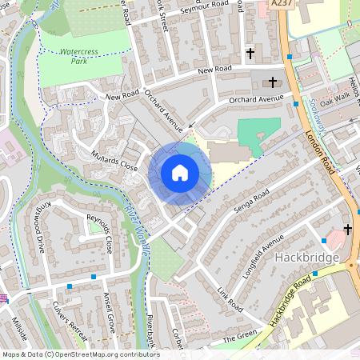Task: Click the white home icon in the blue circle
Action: pyautogui.click(x=180, y=172)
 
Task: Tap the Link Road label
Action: pyautogui.click(x=229, y=297)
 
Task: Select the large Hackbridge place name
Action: pyautogui.click(x=307, y=258)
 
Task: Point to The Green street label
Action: pyautogui.click(x=239, y=338)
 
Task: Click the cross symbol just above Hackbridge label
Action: pyautogui.click(x=347, y=230)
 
